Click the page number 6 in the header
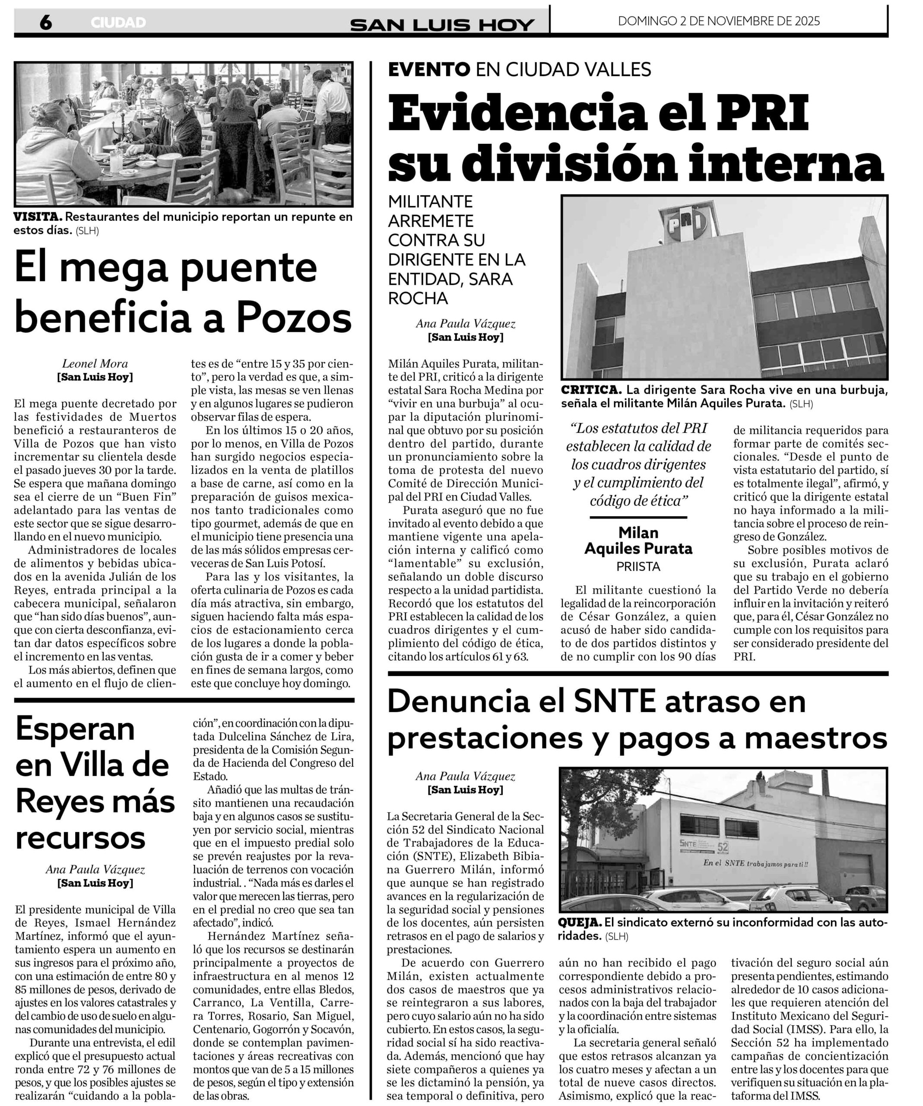pyautogui.click(x=46, y=22)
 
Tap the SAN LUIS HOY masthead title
pyautogui.click(x=442, y=24)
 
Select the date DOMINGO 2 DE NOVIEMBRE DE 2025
pyautogui.click(x=719, y=21)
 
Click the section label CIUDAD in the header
pyautogui.click(x=118, y=22)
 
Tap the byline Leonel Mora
pyautogui.click(x=95, y=363)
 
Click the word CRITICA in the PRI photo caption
pyautogui.click(x=591, y=390)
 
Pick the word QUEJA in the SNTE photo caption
pyautogui.click(x=580, y=923)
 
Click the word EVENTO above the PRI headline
pyautogui.click(x=429, y=70)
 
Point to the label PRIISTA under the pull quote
pyautogui.click(x=638, y=567)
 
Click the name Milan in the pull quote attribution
pyautogui.click(x=638, y=532)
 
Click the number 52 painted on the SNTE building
pyautogui.click(x=723, y=847)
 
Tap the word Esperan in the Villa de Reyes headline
pyautogui.click(x=75, y=729)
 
